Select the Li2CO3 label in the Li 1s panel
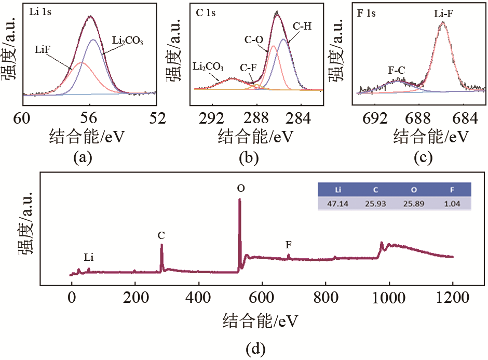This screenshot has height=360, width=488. pyautogui.click(x=128, y=40)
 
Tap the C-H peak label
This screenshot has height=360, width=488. pyautogui.click(x=302, y=26)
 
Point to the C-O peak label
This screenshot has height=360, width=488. pyautogui.click(x=254, y=39)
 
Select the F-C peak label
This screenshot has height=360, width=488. pyautogui.click(x=397, y=69)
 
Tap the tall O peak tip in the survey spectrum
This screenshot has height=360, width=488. pyautogui.click(x=239, y=200)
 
